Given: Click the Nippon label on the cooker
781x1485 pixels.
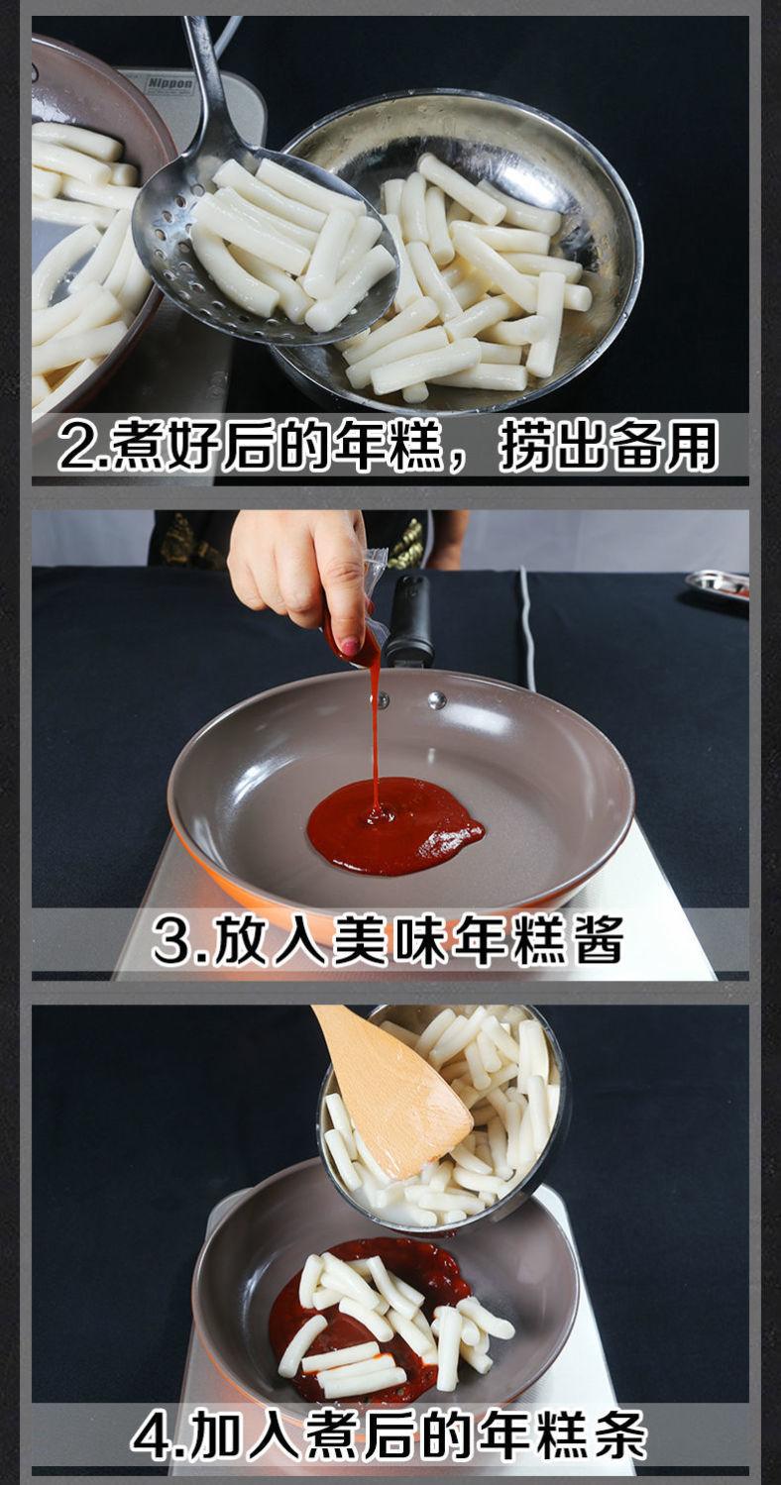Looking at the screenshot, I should [169, 84].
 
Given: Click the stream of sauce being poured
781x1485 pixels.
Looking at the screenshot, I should [375, 733].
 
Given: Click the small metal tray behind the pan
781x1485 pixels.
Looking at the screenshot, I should [716, 584].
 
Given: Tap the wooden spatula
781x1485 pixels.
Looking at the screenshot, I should [391, 1090].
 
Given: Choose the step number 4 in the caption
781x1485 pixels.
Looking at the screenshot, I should [151, 1436].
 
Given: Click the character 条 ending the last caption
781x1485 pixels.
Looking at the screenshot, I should [619, 1435].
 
